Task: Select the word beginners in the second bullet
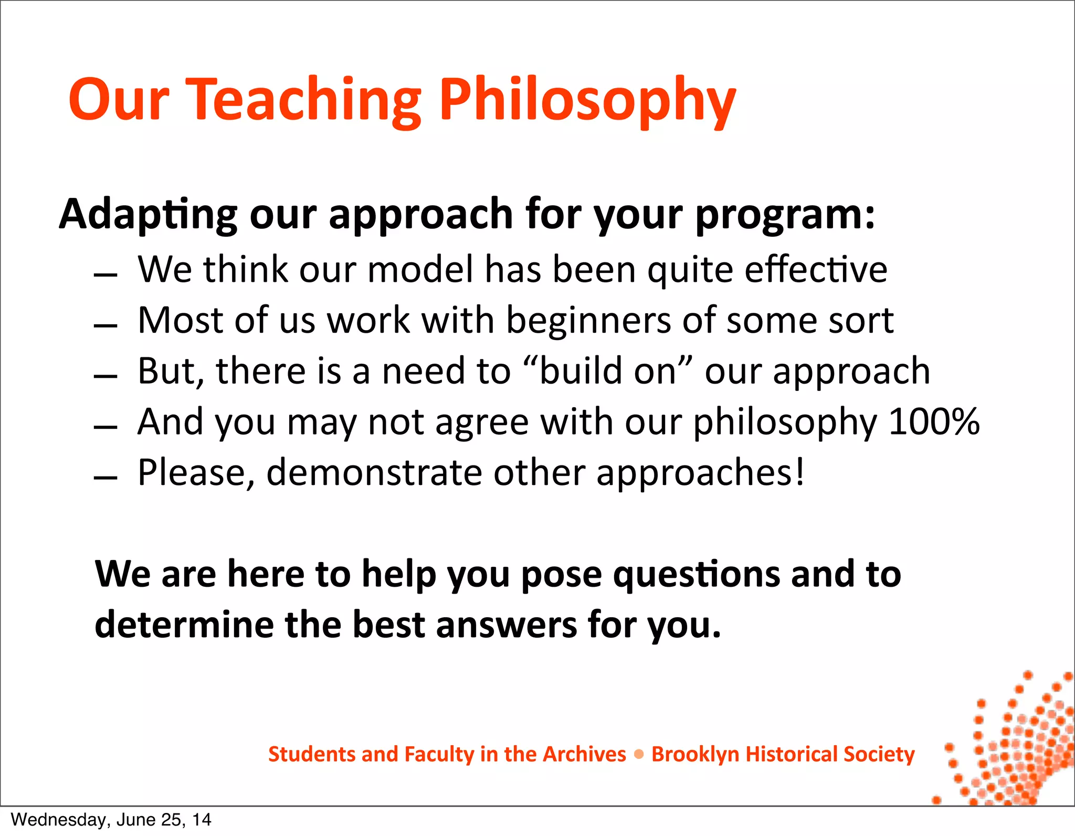click(588, 320)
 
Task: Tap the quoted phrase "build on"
click(609, 371)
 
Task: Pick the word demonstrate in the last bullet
click(374, 472)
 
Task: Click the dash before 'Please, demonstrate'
click(106, 478)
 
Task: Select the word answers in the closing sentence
click(506, 625)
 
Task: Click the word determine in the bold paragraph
click(184, 625)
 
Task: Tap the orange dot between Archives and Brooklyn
click(639, 754)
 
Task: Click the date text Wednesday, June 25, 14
click(111, 819)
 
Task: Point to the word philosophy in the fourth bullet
click(785, 421)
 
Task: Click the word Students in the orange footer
click(312, 754)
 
